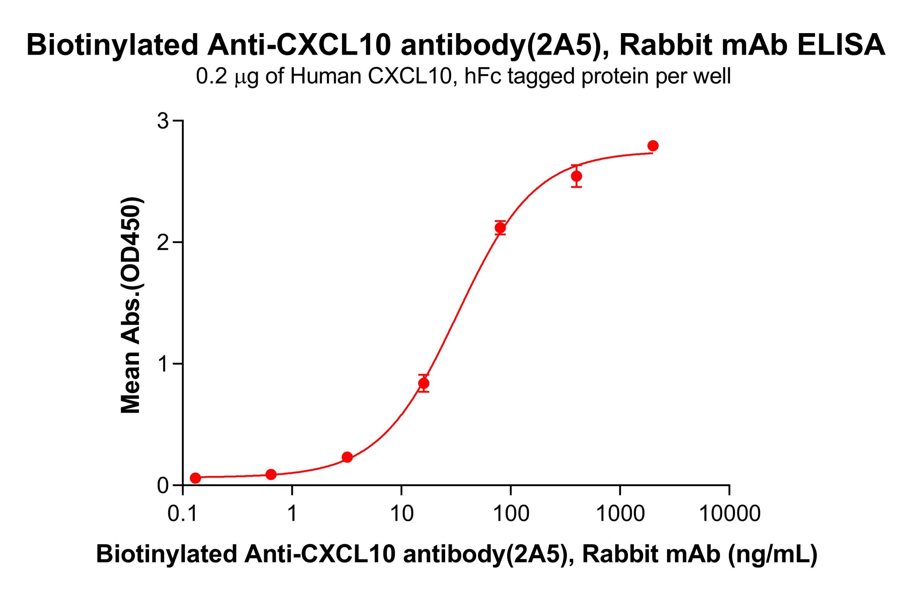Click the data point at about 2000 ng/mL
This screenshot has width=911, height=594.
coord(653,146)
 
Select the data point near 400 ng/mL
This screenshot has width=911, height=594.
coord(576,176)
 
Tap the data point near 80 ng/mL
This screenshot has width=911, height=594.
coord(500,228)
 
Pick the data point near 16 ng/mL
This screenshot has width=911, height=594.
coord(423,383)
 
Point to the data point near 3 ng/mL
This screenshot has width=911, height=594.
coord(347,457)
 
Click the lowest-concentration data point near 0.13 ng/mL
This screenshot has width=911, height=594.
coord(195,478)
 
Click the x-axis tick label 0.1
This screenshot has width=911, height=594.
coord(183,514)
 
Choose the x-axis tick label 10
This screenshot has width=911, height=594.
coord(401,514)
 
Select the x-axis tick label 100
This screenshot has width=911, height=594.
coord(510,514)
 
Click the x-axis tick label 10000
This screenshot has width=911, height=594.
coord(729,514)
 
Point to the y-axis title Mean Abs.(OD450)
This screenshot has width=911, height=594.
coord(131,305)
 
